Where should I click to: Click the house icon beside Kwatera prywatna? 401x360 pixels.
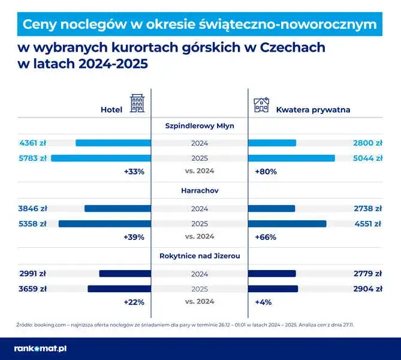(x=261, y=106)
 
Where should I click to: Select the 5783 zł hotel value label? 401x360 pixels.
(x=33, y=158)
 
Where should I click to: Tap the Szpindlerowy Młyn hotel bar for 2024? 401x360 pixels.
(x=113, y=143)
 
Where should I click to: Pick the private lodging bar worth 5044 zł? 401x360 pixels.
(x=291, y=158)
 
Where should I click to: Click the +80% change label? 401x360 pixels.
(x=266, y=172)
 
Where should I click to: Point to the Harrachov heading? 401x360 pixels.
(x=200, y=191)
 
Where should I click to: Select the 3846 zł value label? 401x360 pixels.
(x=33, y=208)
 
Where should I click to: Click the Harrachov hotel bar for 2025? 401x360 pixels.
(x=104, y=224)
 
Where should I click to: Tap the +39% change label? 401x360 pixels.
(x=134, y=237)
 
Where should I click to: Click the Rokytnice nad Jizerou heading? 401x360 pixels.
(x=200, y=256)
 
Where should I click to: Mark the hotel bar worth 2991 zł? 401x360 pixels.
(x=125, y=273)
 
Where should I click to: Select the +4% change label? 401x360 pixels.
(x=263, y=302)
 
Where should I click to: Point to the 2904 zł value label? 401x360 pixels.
(x=367, y=289)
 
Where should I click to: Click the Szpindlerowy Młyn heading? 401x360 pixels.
(x=200, y=126)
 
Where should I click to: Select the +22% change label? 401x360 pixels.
(x=134, y=302)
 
